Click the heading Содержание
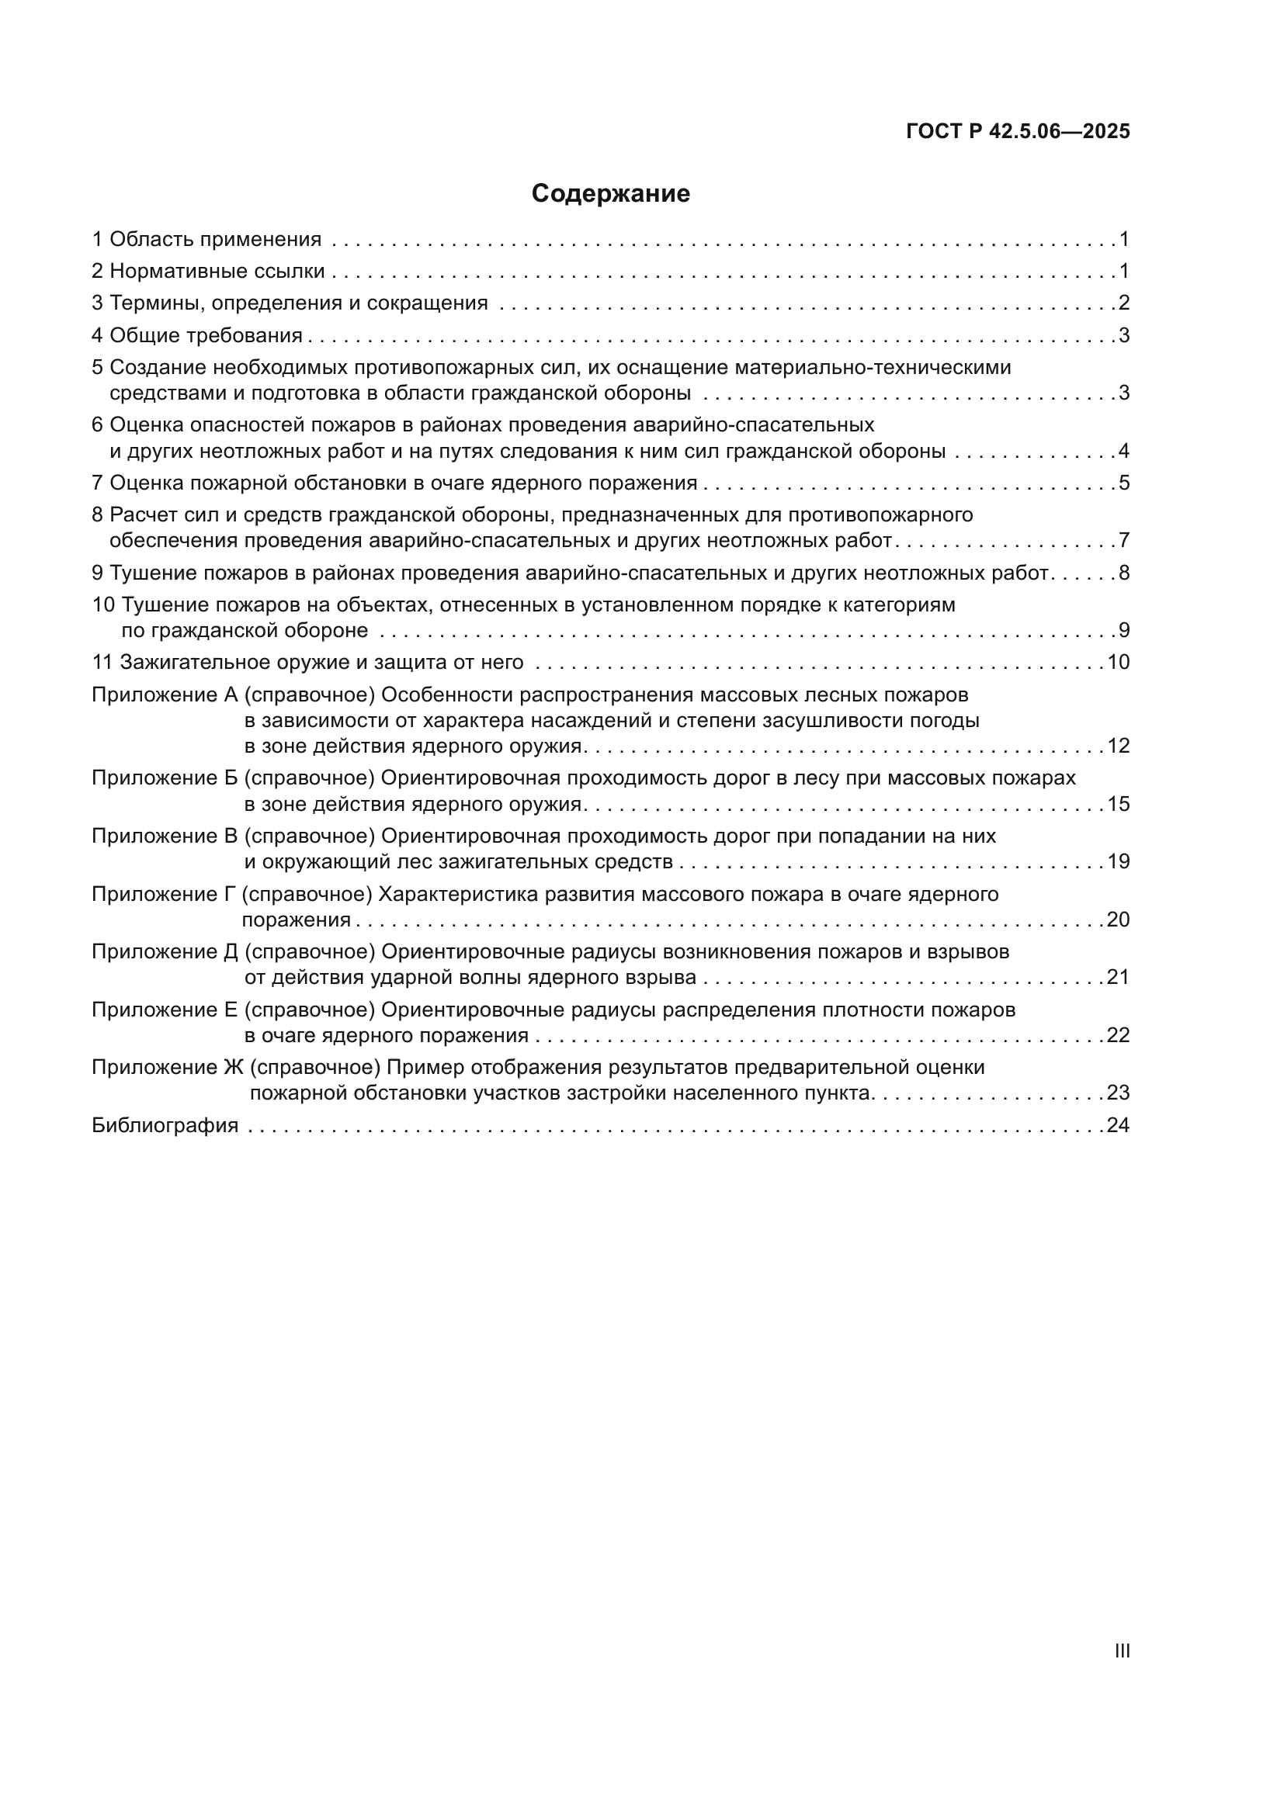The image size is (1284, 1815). [x=610, y=194]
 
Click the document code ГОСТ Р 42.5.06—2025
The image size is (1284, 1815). [x=1018, y=131]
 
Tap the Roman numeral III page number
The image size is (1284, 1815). [x=1122, y=1650]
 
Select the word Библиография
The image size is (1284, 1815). [x=165, y=1125]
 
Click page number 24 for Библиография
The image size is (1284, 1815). [x=1118, y=1125]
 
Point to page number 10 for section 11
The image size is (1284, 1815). [x=1118, y=663]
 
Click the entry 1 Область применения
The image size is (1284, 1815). [x=206, y=240]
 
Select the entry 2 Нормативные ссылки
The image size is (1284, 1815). [x=208, y=272]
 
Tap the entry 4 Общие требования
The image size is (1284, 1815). [x=197, y=336]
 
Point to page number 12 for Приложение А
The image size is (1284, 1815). [x=1118, y=746]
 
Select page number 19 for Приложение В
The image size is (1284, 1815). [x=1118, y=861]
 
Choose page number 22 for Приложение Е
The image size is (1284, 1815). [x=1118, y=1036]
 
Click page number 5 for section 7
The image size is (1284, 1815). [x=1123, y=483]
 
